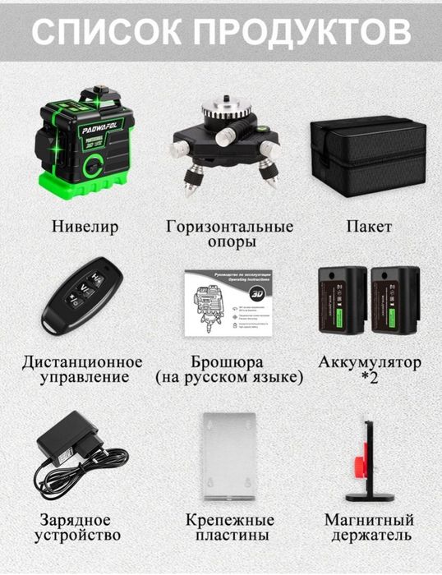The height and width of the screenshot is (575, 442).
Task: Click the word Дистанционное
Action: tap(82, 362)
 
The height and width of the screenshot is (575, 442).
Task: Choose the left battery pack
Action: tap(342, 300)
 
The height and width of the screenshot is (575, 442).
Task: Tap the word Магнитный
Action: tap(369, 520)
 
